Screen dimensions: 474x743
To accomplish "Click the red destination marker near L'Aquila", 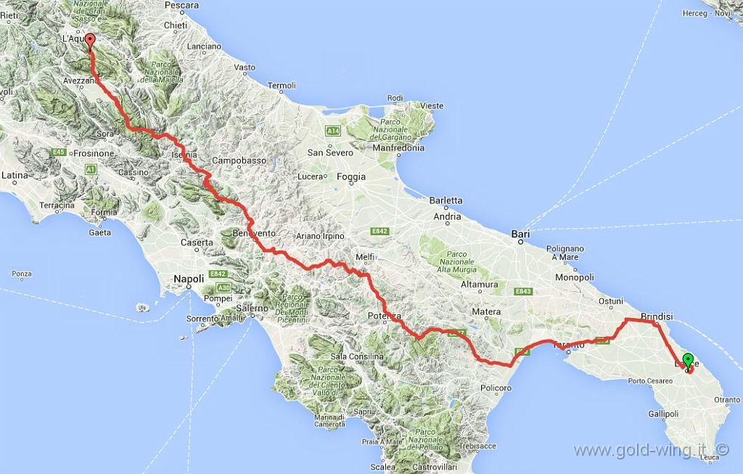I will coord(89,40).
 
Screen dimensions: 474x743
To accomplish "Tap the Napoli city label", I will coord(189,278).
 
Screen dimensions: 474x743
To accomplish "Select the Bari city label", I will coord(520,234).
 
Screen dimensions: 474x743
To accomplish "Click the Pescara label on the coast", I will coord(181,5).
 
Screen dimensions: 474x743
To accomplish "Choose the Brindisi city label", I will coord(657,316).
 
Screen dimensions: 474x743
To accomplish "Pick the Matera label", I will coord(486,311).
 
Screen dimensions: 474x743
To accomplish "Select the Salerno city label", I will coord(251,308).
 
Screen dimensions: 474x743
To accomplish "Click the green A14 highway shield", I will coord(333,131).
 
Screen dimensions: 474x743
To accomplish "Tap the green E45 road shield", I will coord(59,152).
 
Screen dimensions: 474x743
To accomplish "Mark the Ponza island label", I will coord(22,274).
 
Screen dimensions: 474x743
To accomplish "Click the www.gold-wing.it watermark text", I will coord(640,450).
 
